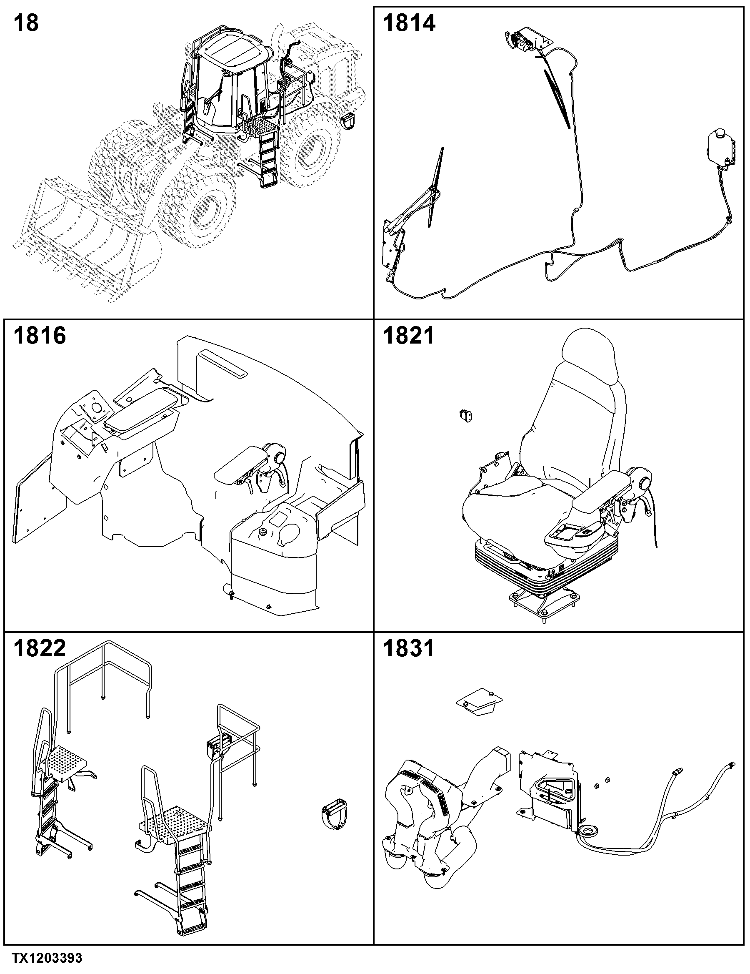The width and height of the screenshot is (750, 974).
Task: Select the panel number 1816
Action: pos(40,335)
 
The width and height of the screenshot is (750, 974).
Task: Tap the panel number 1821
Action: pos(409,335)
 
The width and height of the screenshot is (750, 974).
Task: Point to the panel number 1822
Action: pos(40,648)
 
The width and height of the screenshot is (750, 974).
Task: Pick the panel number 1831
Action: pos(409,648)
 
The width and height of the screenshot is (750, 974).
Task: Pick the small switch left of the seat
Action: pos(466,415)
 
